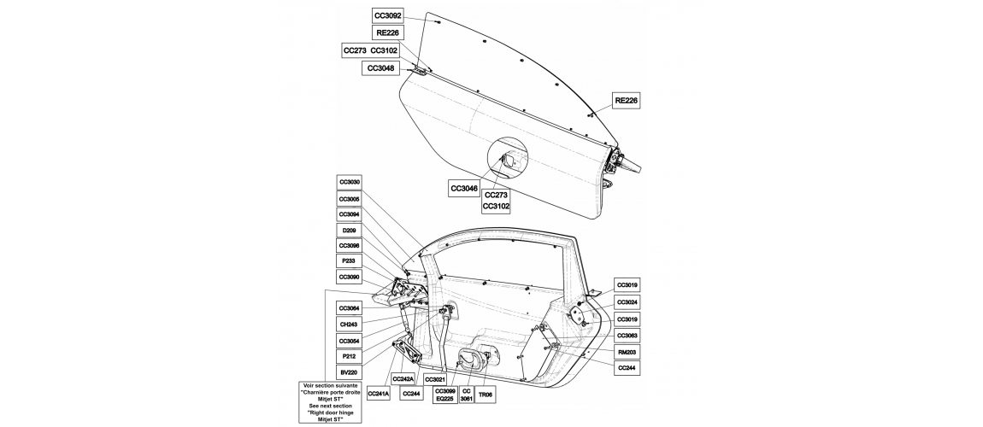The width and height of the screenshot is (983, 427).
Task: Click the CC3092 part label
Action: tap(388, 16)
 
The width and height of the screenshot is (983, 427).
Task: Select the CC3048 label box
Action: tap(380, 68)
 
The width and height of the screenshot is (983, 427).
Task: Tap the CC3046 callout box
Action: tap(464, 189)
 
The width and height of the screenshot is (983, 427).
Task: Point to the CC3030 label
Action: tap(350, 182)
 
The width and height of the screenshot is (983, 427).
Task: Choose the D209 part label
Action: tap(350, 231)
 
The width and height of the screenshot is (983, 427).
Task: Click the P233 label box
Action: tap(350, 261)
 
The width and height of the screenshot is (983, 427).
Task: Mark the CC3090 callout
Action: tap(350, 278)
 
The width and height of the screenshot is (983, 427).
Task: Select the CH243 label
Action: tap(350, 325)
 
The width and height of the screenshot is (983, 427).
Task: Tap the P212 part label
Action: tap(350, 356)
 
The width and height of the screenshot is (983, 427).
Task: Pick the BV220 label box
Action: tap(350, 371)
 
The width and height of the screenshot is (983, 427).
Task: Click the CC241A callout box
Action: tap(378, 393)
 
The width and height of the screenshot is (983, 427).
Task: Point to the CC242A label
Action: tap(403, 379)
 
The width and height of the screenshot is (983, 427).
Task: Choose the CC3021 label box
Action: tap(435, 379)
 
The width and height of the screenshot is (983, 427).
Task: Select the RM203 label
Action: tap(627, 352)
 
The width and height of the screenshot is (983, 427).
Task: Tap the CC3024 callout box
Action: tap(627, 302)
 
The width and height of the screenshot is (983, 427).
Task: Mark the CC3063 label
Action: tap(627, 336)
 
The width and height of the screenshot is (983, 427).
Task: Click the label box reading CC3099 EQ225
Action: tap(444, 395)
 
